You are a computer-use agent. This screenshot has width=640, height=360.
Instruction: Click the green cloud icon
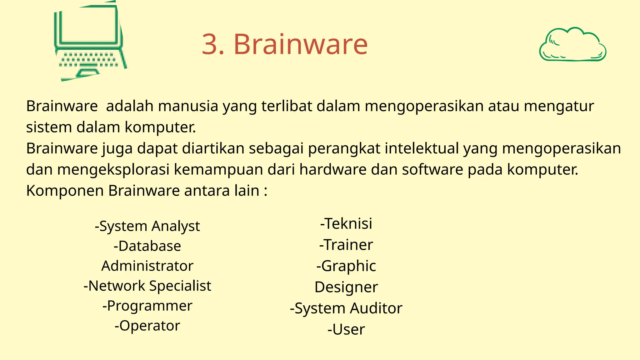pyautogui.click(x=572, y=44)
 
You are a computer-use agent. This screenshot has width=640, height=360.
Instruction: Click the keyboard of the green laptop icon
pyautogui.click(x=89, y=60)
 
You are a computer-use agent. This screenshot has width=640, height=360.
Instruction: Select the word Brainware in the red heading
pyautogui.click(x=300, y=44)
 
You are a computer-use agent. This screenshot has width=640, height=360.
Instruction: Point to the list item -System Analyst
pyautogui.click(x=147, y=226)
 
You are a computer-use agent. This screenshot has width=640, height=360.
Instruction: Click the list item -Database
pyautogui.click(x=147, y=246)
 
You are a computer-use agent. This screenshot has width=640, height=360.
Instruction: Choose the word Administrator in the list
pyautogui.click(x=147, y=266)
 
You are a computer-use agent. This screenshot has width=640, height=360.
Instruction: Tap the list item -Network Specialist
pyautogui.click(x=147, y=286)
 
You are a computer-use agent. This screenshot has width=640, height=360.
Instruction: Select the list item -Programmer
pyautogui.click(x=147, y=306)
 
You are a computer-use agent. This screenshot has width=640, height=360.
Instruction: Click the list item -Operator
pyautogui.click(x=147, y=326)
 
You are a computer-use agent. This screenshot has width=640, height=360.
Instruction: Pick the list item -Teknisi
pyautogui.click(x=346, y=224)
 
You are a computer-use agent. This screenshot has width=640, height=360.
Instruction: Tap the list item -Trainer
pyautogui.click(x=346, y=245)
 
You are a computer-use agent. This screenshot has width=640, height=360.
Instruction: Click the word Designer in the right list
pyautogui.click(x=346, y=287)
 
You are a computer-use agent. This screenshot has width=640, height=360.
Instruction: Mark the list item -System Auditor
pyautogui.click(x=346, y=308)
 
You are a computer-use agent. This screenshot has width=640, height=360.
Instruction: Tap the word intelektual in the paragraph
pyautogui.click(x=422, y=148)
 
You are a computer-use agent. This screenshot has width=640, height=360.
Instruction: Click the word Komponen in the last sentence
pyautogui.click(x=65, y=191)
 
